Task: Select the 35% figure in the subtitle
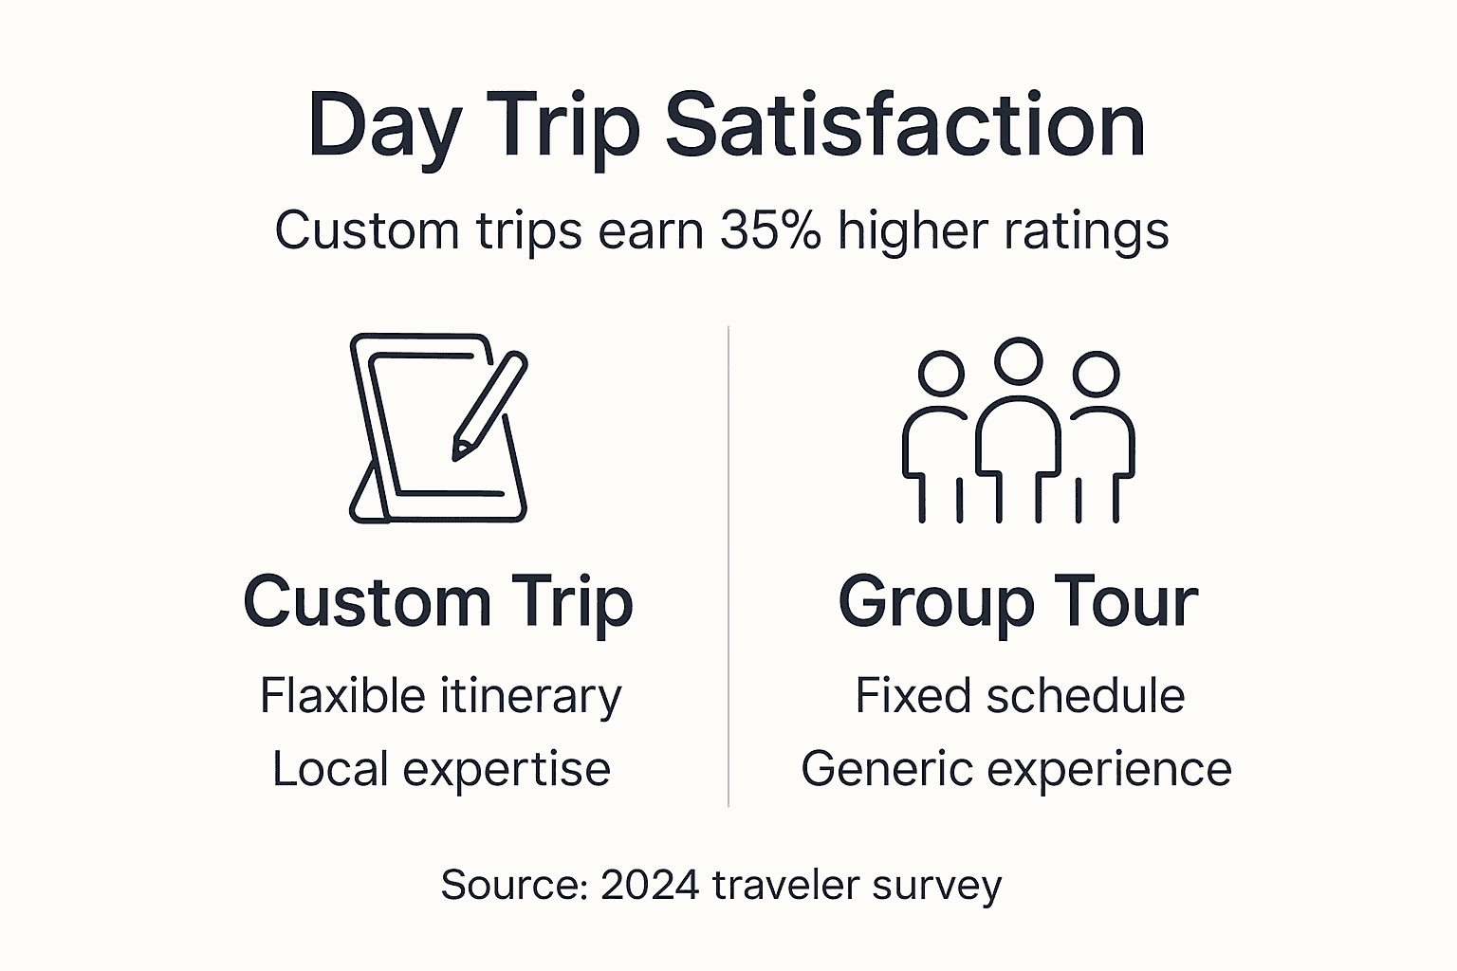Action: coord(770,230)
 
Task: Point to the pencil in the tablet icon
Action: coord(489,407)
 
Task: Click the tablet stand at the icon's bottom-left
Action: coord(368,495)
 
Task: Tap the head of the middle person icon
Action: coord(1018,360)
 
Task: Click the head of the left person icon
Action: coord(941,374)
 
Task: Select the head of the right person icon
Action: coord(1096,374)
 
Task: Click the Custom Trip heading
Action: coord(438,602)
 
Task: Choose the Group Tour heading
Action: coord(1018,602)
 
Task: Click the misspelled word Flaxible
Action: coord(341,696)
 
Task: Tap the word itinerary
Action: coord(531,696)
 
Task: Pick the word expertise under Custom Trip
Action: coord(507,769)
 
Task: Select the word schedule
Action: coord(1085,696)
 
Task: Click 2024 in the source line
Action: coord(650,885)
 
